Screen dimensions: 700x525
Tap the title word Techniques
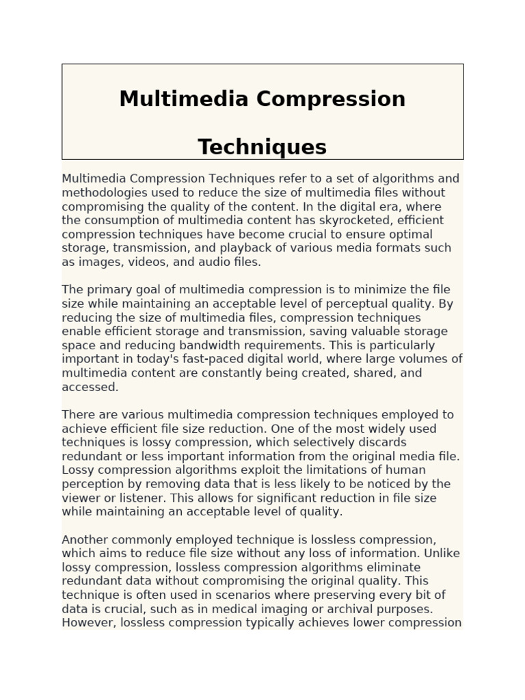click(x=262, y=146)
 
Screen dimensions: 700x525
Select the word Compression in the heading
click(x=332, y=98)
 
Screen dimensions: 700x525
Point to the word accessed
click(x=90, y=387)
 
